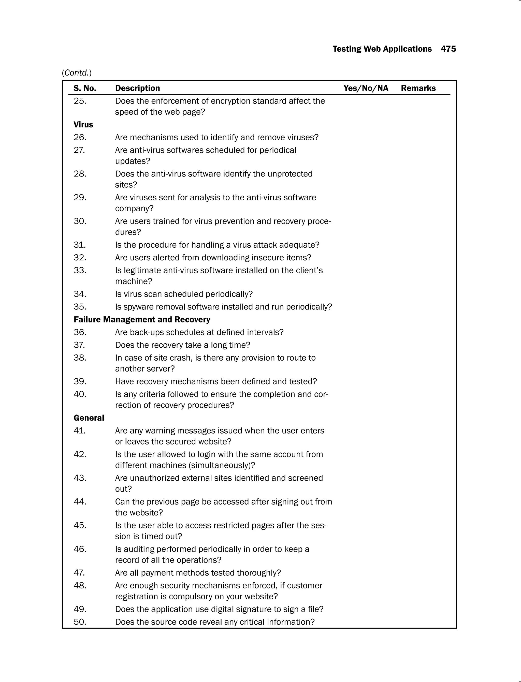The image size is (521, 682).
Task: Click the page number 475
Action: [x=448, y=49]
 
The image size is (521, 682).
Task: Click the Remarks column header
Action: [x=418, y=88]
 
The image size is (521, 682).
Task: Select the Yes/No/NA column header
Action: [x=366, y=88]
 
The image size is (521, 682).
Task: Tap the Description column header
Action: [x=137, y=88]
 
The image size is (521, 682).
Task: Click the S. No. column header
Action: [x=85, y=88]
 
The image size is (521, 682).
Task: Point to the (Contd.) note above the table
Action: [x=77, y=73]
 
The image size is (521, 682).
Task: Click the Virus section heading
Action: [x=83, y=125]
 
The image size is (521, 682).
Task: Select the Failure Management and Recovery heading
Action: [x=142, y=320]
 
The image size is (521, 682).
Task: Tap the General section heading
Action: [x=89, y=418]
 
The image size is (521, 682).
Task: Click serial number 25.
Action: [x=80, y=101]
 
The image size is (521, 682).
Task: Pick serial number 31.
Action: [x=80, y=245]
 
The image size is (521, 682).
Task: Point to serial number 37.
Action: [x=79, y=345]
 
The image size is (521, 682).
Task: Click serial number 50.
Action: [x=80, y=622]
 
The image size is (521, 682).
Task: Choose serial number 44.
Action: [x=80, y=501]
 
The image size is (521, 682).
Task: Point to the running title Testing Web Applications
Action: [x=382, y=49]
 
